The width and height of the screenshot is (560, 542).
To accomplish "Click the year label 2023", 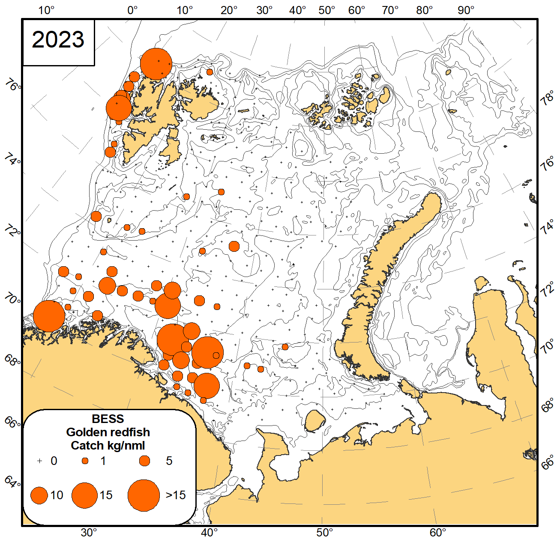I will [x=58, y=40].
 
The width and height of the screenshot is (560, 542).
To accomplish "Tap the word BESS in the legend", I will [x=108, y=419].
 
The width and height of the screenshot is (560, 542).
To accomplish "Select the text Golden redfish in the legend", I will [x=108, y=432].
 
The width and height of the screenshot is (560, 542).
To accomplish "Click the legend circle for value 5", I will [x=145, y=461].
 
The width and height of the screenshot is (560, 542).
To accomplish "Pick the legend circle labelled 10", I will [x=39, y=495].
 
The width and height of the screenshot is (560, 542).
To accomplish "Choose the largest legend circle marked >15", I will [x=144, y=495].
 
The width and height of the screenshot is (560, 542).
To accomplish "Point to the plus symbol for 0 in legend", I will [x=40, y=461].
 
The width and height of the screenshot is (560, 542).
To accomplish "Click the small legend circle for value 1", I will [x=85, y=461].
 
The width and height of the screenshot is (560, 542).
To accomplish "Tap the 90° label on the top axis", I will [x=466, y=10].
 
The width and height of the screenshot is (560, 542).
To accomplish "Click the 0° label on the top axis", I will [x=132, y=10].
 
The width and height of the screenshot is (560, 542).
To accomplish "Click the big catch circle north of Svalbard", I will [x=156, y=64].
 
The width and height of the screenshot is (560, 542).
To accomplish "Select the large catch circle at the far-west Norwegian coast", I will [x=49, y=316].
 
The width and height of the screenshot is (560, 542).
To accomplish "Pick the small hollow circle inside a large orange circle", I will [x=216, y=355].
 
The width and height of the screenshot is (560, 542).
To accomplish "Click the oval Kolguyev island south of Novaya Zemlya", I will [x=315, y=421].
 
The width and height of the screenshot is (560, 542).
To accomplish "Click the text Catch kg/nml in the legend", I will [x=108, y=445].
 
